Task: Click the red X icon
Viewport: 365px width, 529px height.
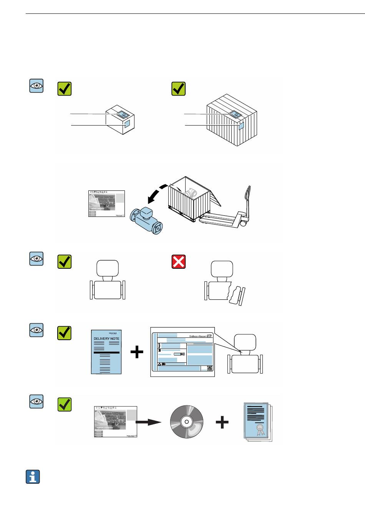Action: [x=178, y=261]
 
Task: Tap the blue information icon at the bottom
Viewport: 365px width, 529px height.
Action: [x=33, y=476]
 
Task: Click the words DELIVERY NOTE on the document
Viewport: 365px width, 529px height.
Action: [x=106, y=339]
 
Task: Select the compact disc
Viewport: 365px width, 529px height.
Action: [x=186, y=422]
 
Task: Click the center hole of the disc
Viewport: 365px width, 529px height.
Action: [x=186, y=422]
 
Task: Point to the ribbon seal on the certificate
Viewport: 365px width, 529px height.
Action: [x=260, y=428]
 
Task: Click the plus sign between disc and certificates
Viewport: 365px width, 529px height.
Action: [x=222, y=422]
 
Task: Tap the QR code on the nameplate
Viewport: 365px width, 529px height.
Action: [x=209, y=368]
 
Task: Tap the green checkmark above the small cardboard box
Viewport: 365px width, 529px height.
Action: [x=64, y=89]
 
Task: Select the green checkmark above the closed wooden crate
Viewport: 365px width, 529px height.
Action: [x=178, y=89]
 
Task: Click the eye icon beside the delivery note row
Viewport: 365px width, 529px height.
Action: [x=36, y=330]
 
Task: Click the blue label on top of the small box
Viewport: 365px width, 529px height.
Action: [x=122, y=113]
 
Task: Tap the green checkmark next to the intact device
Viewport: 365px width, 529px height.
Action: [x=64, y=261]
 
